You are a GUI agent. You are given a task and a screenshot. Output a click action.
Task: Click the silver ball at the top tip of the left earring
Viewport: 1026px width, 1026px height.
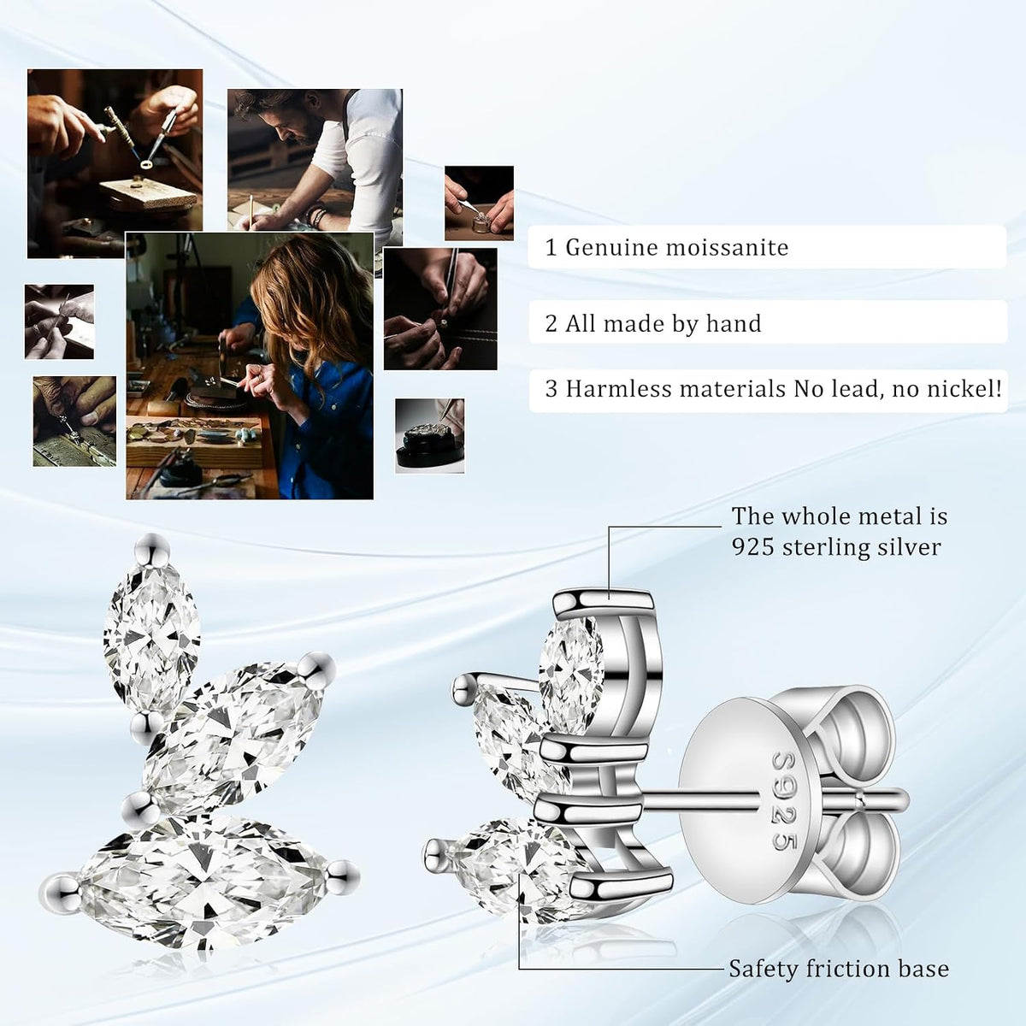[152, 548]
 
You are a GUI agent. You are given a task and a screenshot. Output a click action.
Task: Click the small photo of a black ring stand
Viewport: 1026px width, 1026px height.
[430, 435]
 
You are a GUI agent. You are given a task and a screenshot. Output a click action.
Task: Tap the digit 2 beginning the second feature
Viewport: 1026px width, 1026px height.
[551, 324]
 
